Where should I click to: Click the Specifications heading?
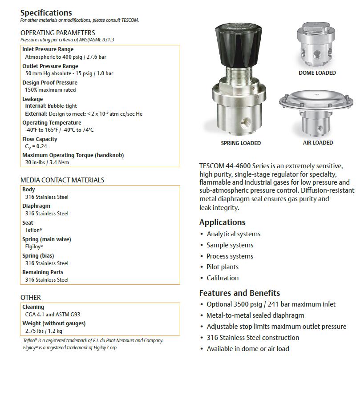pyautogui.click(x=46, y=13)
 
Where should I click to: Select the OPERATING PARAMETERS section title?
pyautogui.click(x=57, y=32)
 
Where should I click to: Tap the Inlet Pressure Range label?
pyautogui.click(x=48, y=49)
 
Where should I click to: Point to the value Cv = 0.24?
pyautogui.click(x=36, y=146)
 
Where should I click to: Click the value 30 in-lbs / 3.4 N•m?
pyautogui.click(x=47, y=162)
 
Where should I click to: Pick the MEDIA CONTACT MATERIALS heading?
pyautogui.click(x=62, y=180)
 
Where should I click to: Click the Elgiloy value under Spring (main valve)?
pyautogui.click(x=34, y=246)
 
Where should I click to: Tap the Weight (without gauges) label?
pyautogui.click(x=54, y=323)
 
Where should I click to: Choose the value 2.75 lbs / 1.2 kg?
pyautogui.click(x=44, y=331)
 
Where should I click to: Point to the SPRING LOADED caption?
pyautogui.click(x=241, y=143)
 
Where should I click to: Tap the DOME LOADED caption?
pyautogui.click(x=317, y=73)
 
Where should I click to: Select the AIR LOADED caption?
pyautogui.click(x=318, y=143)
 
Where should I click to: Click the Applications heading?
pyautogui.click(x=222, y=222)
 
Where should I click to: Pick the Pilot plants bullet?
pyautogui.click(x=222, y=267)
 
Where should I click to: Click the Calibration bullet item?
pyautogui.click(x=222, y=278)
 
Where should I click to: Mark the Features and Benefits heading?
pyautogui.click(x=239, y=293)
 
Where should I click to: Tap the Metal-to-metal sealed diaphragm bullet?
pyautogui.click(x=255, y=315)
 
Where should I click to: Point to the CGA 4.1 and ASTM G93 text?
pyautogui.click(x=53, y=315)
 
